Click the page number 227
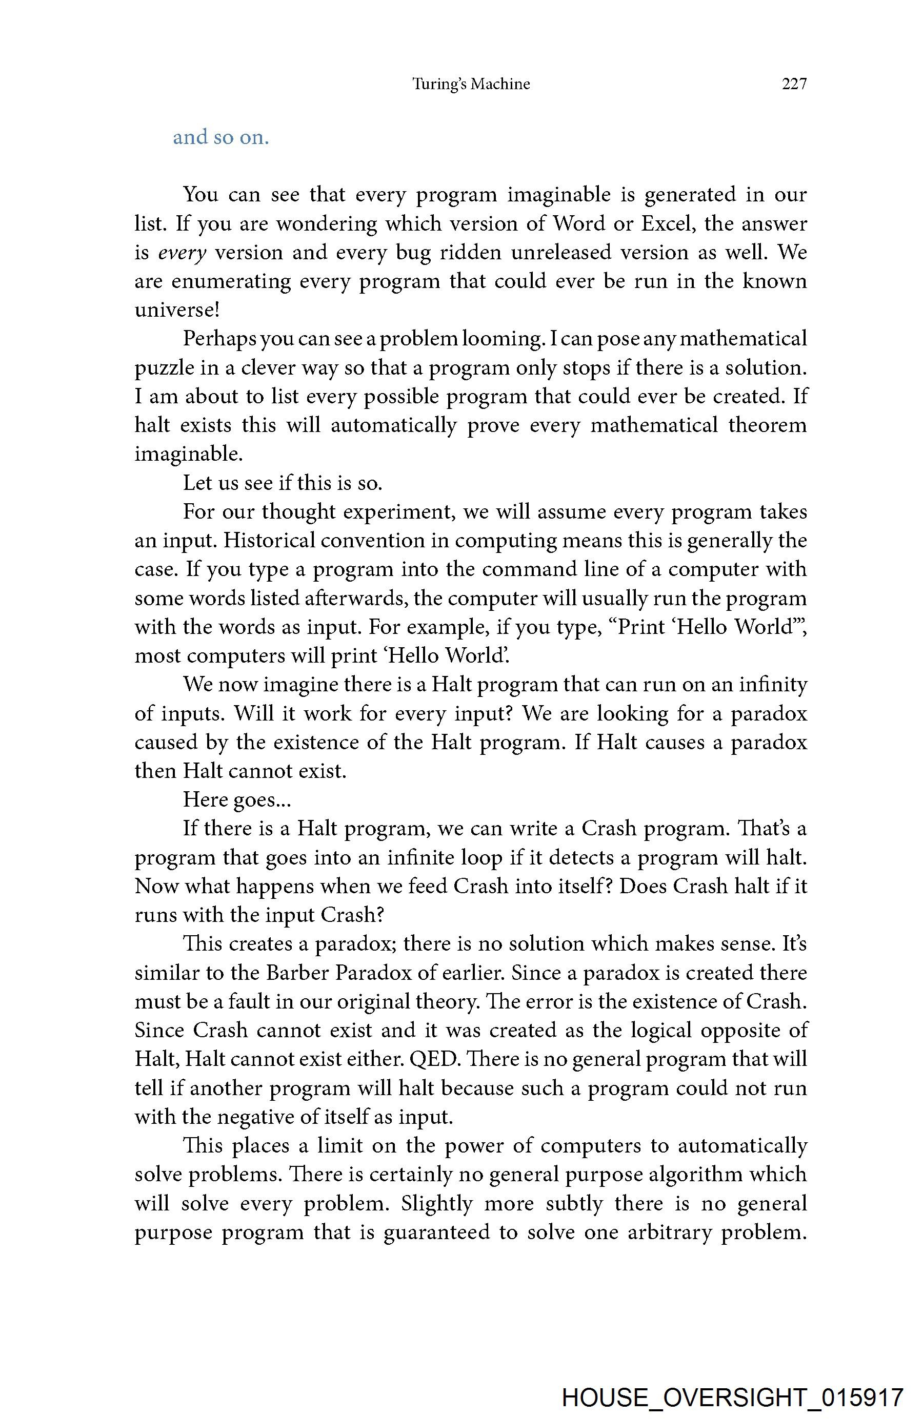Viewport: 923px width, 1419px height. (794, 84)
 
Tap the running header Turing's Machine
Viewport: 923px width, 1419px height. (471, 84)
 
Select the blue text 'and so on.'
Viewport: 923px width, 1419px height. (221, 137)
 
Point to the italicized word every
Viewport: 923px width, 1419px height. (182, 253)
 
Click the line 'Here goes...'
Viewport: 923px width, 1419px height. (236, 799)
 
